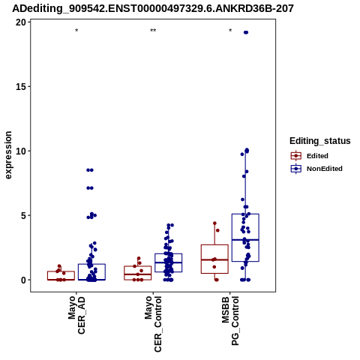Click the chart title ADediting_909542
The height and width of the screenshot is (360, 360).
point(153,9)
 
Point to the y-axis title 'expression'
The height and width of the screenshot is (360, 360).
point(8,155)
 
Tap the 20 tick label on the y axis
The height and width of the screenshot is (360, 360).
point(21,22)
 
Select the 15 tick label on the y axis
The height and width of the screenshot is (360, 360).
point(21,87)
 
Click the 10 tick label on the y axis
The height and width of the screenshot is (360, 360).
point(21,151)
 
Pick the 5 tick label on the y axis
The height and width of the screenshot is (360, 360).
point(23,215)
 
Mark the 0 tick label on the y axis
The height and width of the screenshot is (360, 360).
point(23,280)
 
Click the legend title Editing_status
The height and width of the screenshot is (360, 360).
point(320,141)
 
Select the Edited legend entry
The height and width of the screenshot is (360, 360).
point(310,156)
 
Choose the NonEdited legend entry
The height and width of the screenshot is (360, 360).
point(316,169)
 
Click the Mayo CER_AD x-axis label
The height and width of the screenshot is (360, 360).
point(76,315)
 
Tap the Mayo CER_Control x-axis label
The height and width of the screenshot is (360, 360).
point(153,324)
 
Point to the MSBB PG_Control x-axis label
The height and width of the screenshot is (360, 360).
point(230,321)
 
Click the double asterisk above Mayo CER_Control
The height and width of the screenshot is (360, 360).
point(153,31)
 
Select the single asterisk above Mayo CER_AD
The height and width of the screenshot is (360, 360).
point(76,31)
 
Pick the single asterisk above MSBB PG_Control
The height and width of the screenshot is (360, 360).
point(230,31)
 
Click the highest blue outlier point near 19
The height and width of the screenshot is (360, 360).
point(246,32)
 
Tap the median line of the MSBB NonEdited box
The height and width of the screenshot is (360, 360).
point(245,240)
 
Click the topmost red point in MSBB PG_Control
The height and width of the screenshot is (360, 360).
point(214,223)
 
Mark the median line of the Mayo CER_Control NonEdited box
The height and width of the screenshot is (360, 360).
point(168,262)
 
